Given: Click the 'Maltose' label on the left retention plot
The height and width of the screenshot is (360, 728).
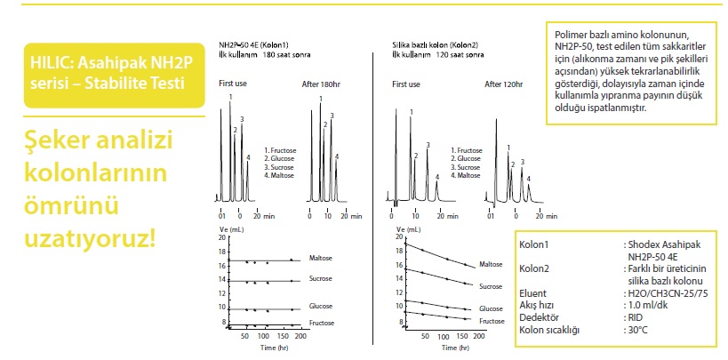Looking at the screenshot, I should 321,259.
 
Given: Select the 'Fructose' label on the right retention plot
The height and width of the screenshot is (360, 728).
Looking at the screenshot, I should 492,320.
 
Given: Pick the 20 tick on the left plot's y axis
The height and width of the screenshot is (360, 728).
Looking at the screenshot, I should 222,238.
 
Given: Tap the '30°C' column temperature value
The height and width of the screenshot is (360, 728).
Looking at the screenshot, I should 636,330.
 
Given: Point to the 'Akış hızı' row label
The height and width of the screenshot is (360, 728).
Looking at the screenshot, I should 537,303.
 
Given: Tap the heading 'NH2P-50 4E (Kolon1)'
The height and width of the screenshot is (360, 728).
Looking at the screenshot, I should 253,44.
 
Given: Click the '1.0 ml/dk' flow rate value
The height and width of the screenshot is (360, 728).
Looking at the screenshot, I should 645,303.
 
